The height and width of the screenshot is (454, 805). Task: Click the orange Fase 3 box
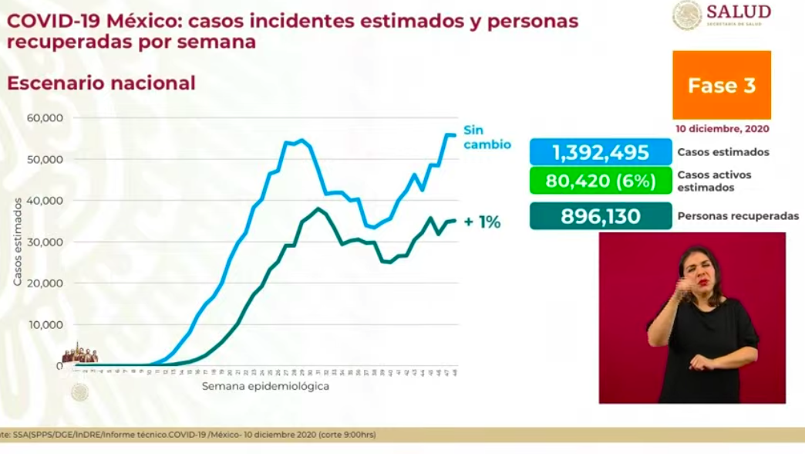722,85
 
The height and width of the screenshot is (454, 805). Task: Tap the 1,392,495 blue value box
600,152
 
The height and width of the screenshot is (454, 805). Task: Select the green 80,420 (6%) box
600,182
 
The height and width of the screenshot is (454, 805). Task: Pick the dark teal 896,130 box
600,216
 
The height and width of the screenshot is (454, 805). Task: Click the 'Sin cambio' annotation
486,137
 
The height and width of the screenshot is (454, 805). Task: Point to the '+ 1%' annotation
482,222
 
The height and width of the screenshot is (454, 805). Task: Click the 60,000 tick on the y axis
47,118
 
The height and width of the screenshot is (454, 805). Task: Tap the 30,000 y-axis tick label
47,242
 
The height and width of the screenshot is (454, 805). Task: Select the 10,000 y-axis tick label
47,324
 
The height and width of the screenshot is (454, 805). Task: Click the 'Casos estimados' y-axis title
17,242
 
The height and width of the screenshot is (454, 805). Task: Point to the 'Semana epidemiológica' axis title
265,386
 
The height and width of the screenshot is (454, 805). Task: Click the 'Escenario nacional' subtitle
101,83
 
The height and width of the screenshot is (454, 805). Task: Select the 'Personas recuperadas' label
738,216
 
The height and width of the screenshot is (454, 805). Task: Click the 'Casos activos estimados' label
715,181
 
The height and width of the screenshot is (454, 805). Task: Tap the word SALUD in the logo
738,11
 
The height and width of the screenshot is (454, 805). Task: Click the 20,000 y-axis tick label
47,283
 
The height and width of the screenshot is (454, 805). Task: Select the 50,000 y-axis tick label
47,159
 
